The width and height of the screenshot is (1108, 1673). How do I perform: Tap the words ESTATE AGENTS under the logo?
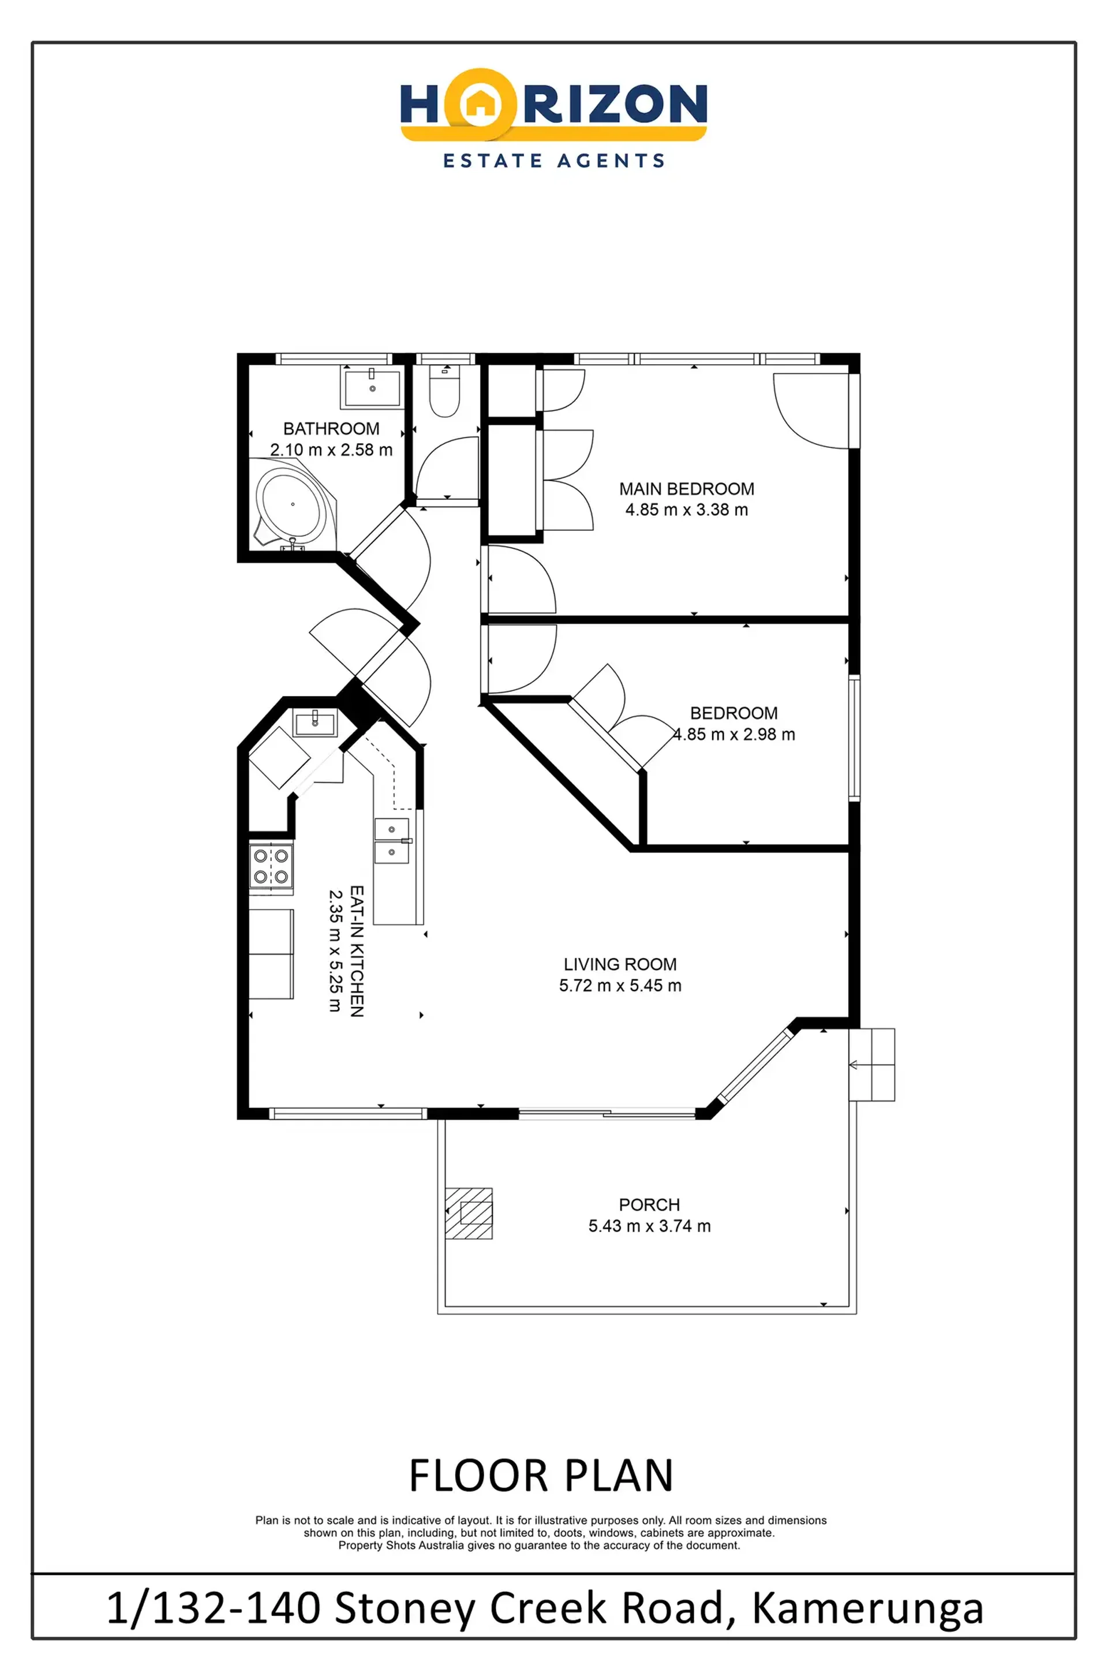pyautogui.click(x=554, y=161)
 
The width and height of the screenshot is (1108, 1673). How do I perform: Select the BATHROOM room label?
pyautogui.click(x=331, y=429)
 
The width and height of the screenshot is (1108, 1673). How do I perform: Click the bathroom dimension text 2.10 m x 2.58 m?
pyautogui.click(x=331, y=450)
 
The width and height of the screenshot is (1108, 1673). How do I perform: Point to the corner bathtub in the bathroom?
pyautogui.click(x=293, y=504)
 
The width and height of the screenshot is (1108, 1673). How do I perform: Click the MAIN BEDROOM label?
pyautogui.click(x=686, y=489)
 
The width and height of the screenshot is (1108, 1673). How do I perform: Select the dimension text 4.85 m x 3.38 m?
pyautogui.click(x=686, y=510)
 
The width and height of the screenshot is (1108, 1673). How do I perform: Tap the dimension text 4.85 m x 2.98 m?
pyautogui.click(x=733, y=735)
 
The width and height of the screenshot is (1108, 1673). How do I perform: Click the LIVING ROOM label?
pyautogui.click(x=620, y=964)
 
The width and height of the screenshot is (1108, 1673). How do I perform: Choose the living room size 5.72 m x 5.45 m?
pyautogui.click(x=620, y=986)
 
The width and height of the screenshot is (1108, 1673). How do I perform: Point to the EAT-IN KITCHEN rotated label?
pyautogui.click(x=357, y=951)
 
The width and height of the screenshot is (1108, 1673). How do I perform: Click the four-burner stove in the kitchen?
pyautogui.click(x=271, y=867)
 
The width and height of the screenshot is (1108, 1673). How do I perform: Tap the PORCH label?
pyautogui.click(x=649, y=1204)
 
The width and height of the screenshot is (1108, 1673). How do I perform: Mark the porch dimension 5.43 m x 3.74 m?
pyautogui.click(x=649, y=1226)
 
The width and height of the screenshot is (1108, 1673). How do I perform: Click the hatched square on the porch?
pyautogui.click(x=468, y=1213)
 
